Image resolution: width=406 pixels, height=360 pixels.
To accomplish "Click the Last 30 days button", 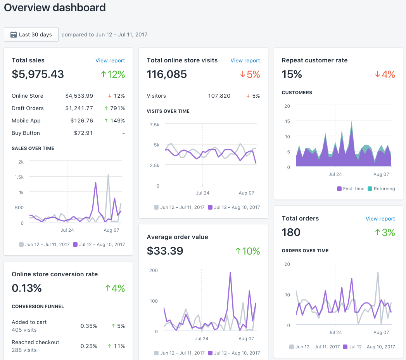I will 31,34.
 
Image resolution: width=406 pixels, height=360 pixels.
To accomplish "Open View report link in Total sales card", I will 110,60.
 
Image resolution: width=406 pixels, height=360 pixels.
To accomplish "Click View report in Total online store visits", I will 245,60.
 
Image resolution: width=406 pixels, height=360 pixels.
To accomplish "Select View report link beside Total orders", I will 380,219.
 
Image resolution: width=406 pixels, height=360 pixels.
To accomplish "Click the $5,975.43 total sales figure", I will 38,74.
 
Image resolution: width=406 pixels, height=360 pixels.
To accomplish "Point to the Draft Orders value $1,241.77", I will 79,108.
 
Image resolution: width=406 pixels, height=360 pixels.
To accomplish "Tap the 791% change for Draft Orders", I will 117,108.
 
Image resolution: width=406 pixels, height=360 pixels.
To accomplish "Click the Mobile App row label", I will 26,121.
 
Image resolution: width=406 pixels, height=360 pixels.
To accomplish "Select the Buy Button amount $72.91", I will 83,133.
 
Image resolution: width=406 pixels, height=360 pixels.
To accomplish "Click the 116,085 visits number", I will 167,74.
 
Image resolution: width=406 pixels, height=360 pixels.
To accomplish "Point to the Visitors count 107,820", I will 219,96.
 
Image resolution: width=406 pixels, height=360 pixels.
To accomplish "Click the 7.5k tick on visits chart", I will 154,124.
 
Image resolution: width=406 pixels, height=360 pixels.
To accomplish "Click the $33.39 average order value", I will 165,251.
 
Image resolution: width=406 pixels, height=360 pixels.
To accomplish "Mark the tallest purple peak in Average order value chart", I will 230,272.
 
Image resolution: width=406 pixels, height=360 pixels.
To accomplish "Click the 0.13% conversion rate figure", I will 26,288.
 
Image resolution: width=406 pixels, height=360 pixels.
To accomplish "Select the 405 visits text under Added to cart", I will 24,330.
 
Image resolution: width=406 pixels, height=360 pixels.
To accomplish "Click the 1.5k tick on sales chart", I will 19,177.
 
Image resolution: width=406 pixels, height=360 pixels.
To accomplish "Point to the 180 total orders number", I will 291,232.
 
